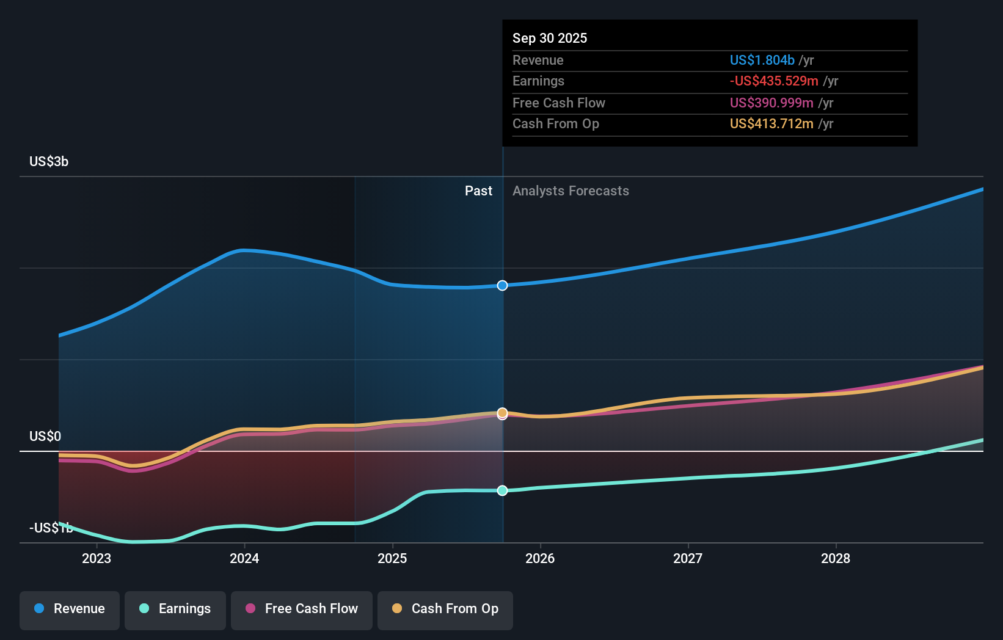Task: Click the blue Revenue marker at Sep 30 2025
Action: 502,286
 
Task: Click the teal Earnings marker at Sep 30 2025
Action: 502,490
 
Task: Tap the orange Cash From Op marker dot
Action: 502,413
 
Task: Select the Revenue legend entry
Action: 70,609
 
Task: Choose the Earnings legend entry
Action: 175,609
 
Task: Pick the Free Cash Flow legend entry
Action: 302,609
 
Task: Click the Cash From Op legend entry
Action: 445,609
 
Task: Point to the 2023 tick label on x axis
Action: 97,558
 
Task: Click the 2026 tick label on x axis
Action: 540,558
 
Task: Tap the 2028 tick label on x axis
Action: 836,558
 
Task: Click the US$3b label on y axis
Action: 49,162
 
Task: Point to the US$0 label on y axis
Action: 45,436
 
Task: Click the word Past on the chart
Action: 478,191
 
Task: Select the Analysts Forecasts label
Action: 571,191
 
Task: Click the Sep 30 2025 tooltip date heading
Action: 550,38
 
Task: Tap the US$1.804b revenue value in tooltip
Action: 762,60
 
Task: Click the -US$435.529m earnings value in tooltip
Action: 774,81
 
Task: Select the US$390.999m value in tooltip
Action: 771,103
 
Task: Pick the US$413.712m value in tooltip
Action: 771,124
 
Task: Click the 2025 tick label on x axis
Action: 392,558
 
